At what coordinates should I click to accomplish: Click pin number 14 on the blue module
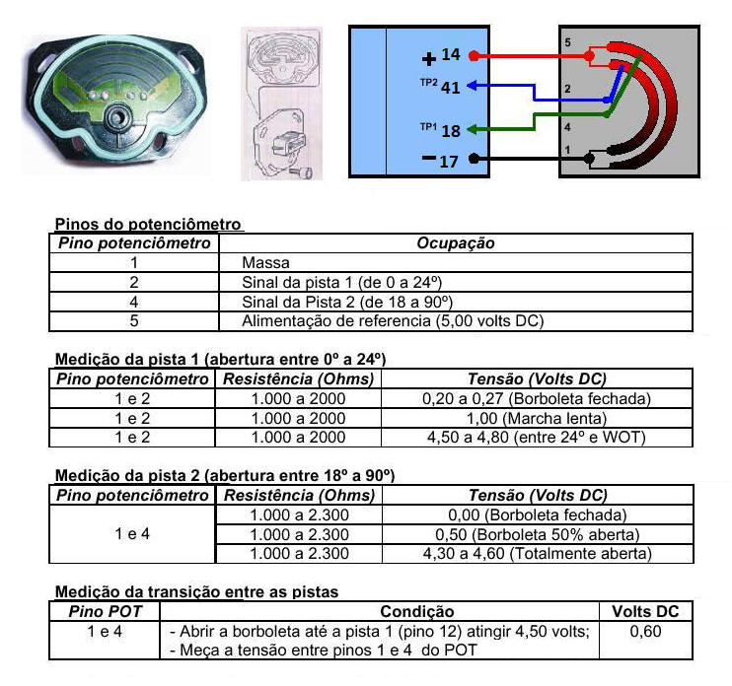(451, 54)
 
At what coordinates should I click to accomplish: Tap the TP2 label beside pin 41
(428, 83)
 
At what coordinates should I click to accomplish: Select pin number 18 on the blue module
(451, 131)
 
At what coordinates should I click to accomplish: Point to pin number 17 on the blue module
(449, 162)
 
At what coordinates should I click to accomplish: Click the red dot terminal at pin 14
(474, 56)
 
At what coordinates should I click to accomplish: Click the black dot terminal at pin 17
(474, 159)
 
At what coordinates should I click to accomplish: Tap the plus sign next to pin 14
(428, 59)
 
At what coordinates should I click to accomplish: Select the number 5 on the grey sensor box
(567, 42)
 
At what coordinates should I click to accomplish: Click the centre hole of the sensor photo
(116, 116)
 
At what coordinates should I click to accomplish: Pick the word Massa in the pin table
(265, 262)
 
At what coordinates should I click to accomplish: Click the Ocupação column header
(455, 243)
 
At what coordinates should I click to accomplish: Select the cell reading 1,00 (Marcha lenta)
(537, 418)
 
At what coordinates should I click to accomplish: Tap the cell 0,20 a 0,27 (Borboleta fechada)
(537, 399)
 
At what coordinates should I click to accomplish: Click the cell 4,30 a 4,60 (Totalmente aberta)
(537, 554)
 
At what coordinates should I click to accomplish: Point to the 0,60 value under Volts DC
(645, 632)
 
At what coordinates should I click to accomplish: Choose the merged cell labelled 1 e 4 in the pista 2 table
(132, 534)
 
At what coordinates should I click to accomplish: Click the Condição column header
(417, 611)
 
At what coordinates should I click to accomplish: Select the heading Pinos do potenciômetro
(148, 225)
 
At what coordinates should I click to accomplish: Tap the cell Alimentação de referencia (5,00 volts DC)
(393, 321)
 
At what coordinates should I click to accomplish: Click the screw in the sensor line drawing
(304, 173)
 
